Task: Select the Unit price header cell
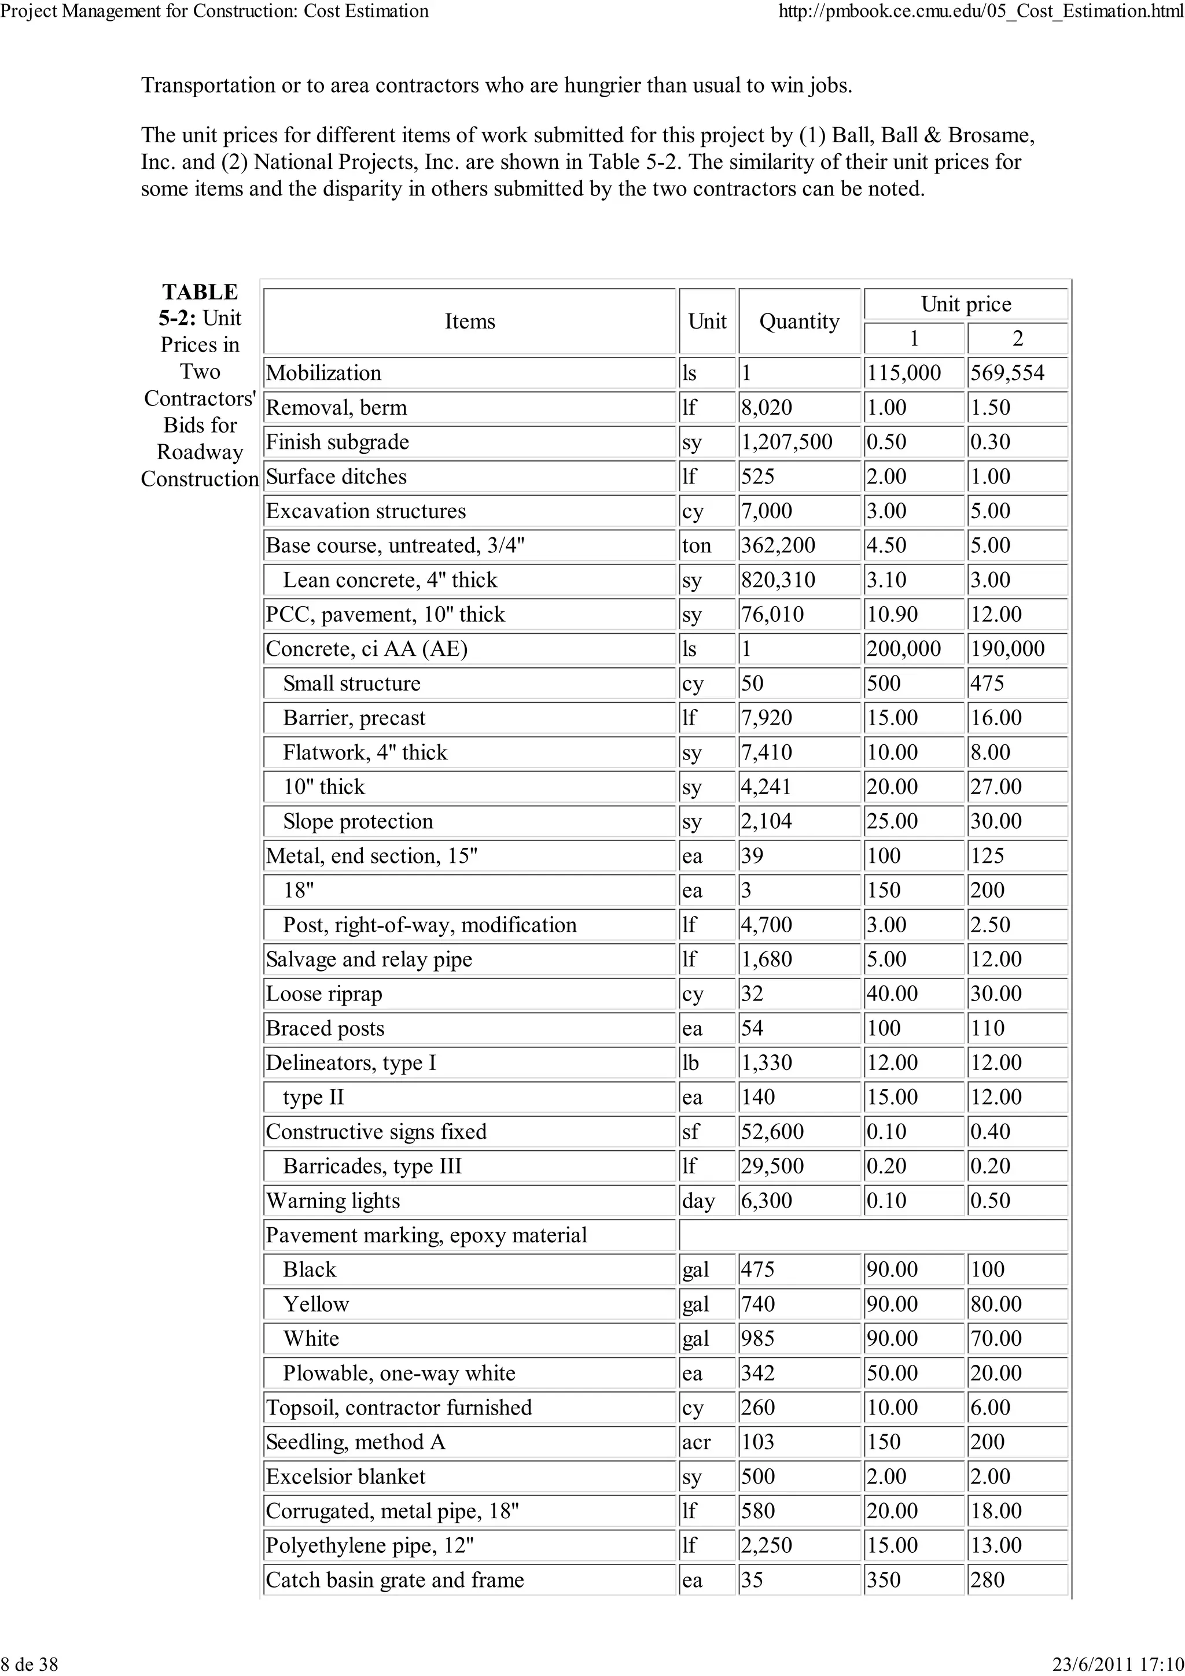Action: [965, 304]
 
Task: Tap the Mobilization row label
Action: [323, 373]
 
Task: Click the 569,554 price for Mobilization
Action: [1007, 373]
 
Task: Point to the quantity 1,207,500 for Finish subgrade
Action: [786, 442]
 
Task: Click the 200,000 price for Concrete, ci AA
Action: [903, 649]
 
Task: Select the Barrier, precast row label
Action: [354, 718]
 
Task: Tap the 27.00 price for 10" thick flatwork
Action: [996, 787]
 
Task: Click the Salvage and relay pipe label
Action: [369, 959]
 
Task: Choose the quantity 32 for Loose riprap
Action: [752, 994]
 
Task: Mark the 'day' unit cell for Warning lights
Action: [698, 1201]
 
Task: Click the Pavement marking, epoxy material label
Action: [426, 1235]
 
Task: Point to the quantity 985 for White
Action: [757, 1339]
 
